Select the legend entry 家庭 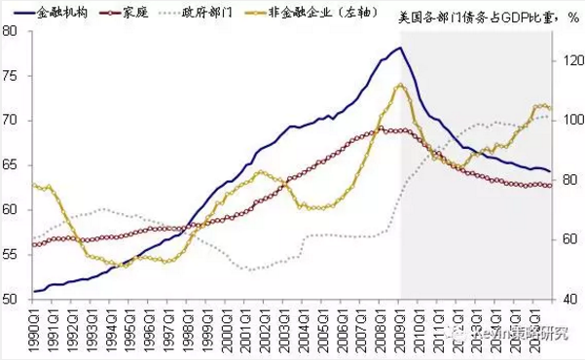click(x=132, y=15)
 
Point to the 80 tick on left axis click(x=12, y=30)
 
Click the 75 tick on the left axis click(x=12, y=75)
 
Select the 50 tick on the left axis click(x=12, y=300)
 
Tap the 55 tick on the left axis click(x=12, y=255)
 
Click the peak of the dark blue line click(x=399, y=48)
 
